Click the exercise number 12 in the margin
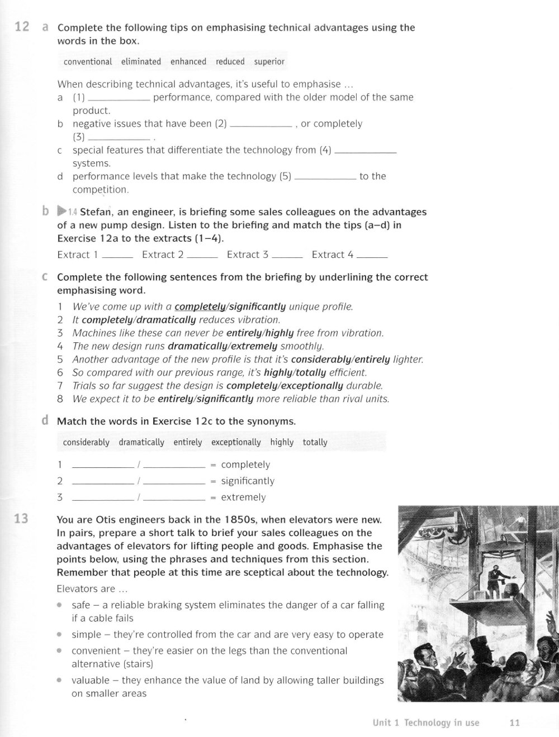point(22,27)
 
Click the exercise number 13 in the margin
point(21,519)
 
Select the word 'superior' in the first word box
point(269,61)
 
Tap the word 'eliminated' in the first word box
point(141,61)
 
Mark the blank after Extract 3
point(287,257)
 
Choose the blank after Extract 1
point(117,257)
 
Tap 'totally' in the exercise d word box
point(315,442)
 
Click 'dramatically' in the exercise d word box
point(141,442)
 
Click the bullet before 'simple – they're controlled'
point(59,635)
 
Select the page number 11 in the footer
point(515,722)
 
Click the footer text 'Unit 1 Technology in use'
point(426,722)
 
